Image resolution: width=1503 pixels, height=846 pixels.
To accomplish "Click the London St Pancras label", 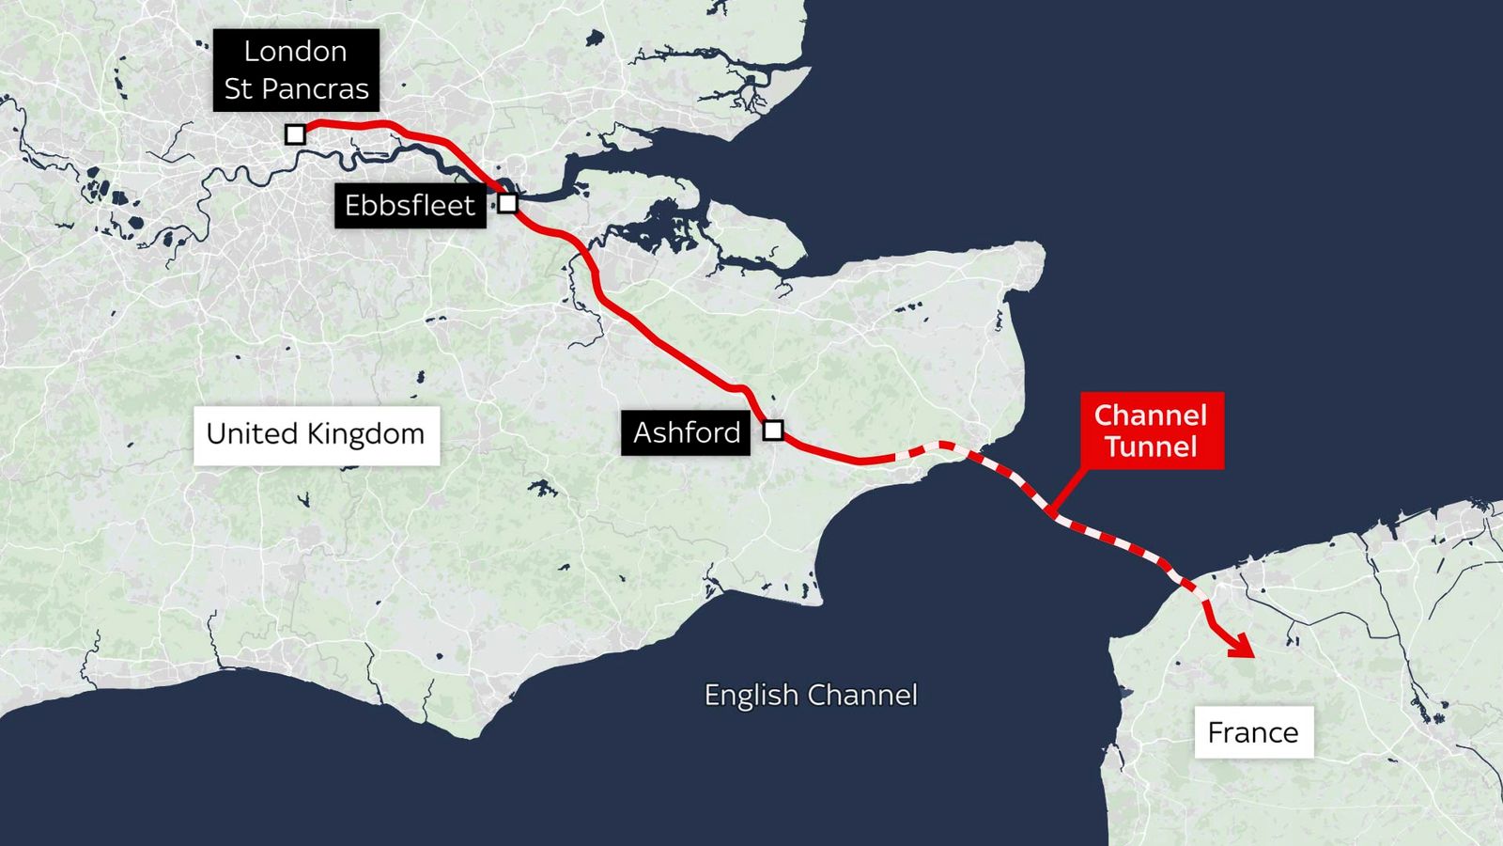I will [x=296, y=70].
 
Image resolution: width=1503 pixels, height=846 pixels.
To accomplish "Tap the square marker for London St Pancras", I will [x=295, y=134].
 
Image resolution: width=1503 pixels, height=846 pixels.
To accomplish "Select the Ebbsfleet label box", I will [x=410, y=205].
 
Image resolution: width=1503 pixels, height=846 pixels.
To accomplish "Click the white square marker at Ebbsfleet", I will [x=507, y=203].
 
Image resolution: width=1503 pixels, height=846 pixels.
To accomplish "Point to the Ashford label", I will [x=686, y=432].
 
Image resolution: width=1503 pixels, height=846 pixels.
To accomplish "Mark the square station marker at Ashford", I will [x=773, y=431].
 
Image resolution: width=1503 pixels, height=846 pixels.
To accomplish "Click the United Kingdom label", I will [x=316, y=434].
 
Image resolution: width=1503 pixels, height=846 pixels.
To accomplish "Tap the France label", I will [x=1253, y=732].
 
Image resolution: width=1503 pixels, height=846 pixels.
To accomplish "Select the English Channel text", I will [x=811, y=696].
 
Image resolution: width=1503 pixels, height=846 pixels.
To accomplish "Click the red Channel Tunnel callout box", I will [x=1151, y=431].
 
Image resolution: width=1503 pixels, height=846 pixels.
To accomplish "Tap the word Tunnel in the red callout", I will [x=1151, y=446].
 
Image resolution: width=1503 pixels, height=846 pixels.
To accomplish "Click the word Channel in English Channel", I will [x=862, y=696].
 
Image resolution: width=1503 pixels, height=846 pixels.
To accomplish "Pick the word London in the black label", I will [x=295, y=52].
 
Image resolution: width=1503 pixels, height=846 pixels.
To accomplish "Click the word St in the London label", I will [x=239, y=89].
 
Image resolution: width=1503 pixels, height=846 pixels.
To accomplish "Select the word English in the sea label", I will [x=751, y=696].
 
